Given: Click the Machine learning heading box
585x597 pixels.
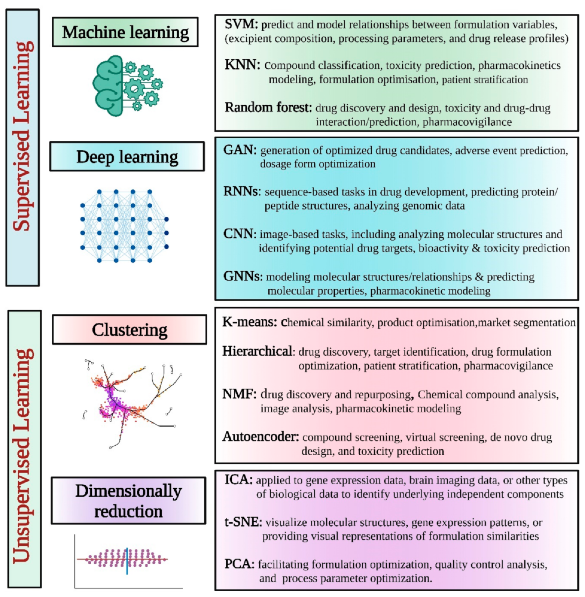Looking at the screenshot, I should click(x=125, y=32).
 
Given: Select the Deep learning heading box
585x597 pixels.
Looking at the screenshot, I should click(x=127, y=156).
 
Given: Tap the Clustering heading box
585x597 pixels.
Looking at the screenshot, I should click(x=129, y=329).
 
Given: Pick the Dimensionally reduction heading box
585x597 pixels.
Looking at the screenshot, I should click(x=128, y=500).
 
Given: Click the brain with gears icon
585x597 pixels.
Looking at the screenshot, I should click(x=128, y=85).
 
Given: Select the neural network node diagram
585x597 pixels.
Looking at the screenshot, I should click(x=124, y=226).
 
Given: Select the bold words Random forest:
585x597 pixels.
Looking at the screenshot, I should click(x=268, y=107).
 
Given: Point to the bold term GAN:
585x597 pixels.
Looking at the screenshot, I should click(x=240, y=150).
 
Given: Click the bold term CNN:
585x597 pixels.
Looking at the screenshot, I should click(x=240, y=234).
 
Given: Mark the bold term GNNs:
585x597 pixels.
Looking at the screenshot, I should click(x=243, y=276).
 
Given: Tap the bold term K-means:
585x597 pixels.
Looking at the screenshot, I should click(x=250, y=322).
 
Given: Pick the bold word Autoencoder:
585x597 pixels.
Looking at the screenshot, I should click(x=261, y=437).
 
